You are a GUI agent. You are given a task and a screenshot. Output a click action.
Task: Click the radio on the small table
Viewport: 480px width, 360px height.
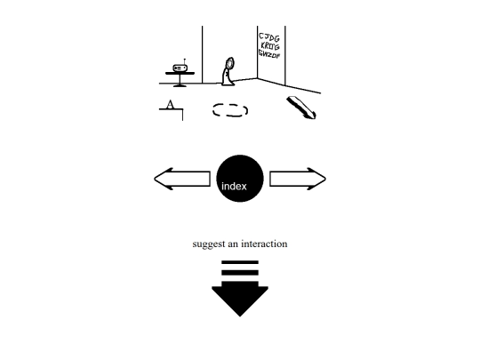[x=180, y=68]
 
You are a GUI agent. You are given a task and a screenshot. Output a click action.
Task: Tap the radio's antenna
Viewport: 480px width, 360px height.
[x=184, y=61]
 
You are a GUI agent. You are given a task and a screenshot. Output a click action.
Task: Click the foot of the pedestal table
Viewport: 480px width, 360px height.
[x=180, y=85]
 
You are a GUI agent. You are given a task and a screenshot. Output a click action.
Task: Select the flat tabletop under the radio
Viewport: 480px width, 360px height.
[x=180, y=73]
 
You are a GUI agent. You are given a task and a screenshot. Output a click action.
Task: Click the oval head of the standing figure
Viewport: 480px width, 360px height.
[x=229, y=63]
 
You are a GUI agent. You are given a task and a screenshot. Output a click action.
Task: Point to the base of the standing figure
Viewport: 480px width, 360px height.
[x=228, y=83]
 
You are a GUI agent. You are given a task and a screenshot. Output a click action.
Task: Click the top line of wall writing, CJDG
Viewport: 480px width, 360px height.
[x=269, y=37]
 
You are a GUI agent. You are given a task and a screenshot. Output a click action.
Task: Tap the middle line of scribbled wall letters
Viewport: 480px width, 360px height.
[x=270, y=46]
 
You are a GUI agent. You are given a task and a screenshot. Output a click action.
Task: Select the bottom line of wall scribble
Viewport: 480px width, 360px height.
[x=269, y=54]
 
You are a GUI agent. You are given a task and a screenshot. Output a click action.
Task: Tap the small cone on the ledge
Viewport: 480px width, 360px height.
[x=170, y=105]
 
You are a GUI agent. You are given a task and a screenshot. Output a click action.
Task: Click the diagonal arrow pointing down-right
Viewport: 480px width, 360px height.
[x=301, y=108]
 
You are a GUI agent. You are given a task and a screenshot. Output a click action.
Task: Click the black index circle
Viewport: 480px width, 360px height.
[x=240, y=179]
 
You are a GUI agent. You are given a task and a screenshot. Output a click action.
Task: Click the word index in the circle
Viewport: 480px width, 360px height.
[x=234, y=186]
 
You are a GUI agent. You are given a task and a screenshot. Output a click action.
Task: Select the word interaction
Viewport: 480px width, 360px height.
[x=264, y=244]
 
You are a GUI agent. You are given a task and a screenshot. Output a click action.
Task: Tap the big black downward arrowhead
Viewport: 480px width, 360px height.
[x=240, y=300]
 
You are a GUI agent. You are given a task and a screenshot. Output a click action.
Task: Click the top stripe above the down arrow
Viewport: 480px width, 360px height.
[x=240, y=262]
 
